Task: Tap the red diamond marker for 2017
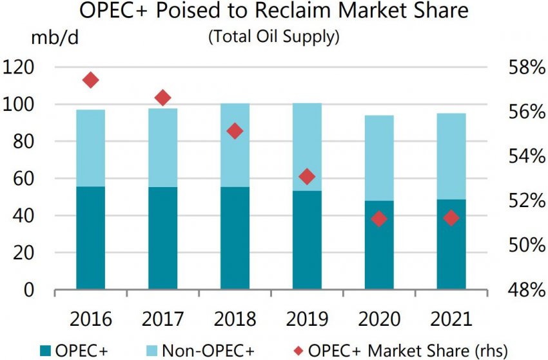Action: coord(162,98)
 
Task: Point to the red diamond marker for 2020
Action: coord(379,219)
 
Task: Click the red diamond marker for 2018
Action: coord(235,131)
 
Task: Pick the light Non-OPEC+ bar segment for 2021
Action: coord(451,156)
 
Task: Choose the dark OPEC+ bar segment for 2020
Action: coord(379,245)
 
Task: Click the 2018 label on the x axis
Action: coord(235,319)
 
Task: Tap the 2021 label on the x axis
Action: coord(451,319)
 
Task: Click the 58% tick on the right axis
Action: coord(522,67)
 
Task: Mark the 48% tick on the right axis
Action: coord(522,290)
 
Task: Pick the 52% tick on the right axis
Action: coord(522,201)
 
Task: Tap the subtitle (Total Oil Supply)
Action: coord(273,37)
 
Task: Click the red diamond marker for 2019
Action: coord(307,177)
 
